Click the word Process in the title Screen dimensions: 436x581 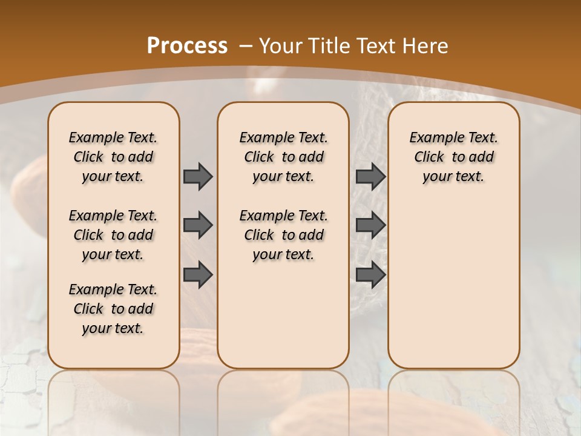pos(187,45)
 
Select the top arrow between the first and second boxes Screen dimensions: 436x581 pos(198,176)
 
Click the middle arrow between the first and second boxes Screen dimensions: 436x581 pos(198,225)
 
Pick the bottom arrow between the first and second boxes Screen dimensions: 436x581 pos(198,274)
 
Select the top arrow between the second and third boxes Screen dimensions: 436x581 pos(370,176)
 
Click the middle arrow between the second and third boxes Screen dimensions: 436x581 pos(370,225)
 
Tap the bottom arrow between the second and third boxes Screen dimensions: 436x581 pos(370,274)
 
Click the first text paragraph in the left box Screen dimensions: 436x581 pos(113,157)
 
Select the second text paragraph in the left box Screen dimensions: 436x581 pos(113,235)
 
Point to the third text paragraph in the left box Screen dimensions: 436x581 pos(113,309)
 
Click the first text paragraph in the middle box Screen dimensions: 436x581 pos(283,157)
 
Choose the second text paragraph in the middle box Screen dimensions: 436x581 pos(283,235)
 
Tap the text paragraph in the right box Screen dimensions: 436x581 pos(453,157)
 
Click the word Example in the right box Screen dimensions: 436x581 pos(430,138)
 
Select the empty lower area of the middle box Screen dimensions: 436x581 pos(283,315)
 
